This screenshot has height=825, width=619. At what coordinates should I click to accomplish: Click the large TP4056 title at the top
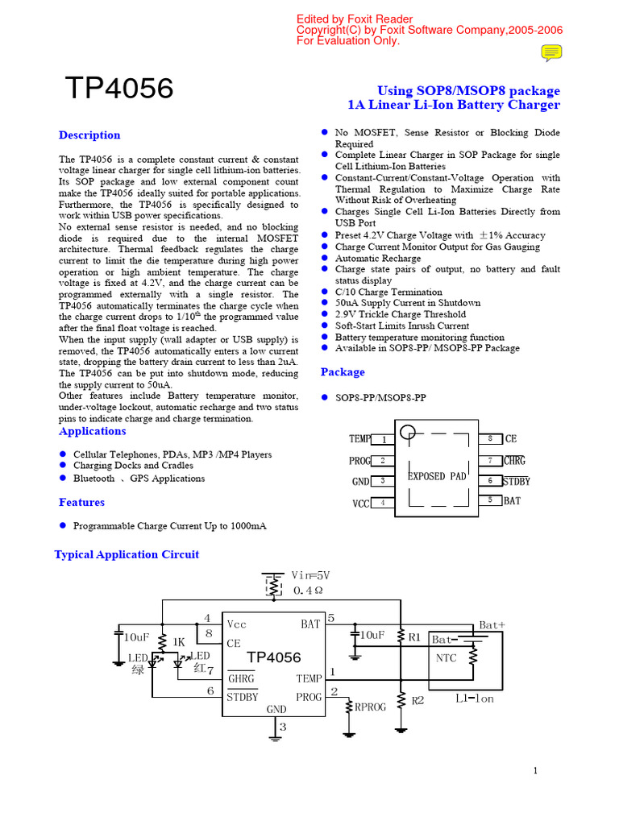tap(119, 89)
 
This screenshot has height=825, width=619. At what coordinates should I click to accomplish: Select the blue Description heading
tap(89, 135)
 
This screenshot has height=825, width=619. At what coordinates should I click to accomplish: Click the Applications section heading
tap(93, 432)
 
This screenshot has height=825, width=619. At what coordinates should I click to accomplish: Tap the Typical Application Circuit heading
tap(127, 554)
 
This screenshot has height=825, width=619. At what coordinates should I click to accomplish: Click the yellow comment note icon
tap(551, 53)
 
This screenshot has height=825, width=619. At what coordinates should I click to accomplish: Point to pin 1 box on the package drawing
tap(383, 439)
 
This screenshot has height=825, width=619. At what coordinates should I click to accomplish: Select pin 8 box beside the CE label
tap(490, 438)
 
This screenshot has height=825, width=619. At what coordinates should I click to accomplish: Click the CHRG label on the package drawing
tap(514, 461)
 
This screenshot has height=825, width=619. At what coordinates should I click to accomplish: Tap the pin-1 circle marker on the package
tap(409, 433)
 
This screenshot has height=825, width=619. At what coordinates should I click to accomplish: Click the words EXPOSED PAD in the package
tap(437, 476)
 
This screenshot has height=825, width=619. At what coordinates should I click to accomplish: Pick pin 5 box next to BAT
tap(490, 500)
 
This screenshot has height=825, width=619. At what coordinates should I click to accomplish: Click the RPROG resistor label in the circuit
tap(371, 707)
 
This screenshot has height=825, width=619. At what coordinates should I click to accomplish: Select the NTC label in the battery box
tap(447, 657)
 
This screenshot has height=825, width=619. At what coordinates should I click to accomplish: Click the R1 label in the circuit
tap(415, 637)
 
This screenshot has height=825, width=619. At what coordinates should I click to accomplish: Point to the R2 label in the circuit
tap(418, 701)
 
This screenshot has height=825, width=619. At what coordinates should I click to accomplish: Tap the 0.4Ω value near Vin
tap(308, 591)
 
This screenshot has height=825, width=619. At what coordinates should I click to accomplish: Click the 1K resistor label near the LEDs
tap(179, 642)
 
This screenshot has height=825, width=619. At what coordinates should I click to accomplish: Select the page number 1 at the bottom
tap(535, 771)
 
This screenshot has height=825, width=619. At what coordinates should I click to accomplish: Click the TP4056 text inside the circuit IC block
tap(274, 657)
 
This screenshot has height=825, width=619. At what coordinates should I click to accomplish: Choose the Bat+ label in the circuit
tap(492, 624)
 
